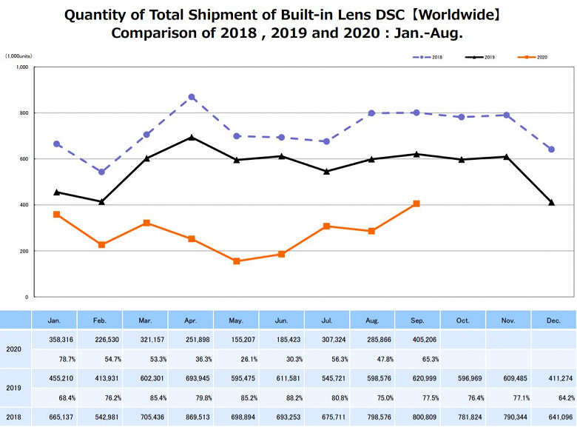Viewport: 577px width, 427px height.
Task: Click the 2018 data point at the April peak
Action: coord(192,97)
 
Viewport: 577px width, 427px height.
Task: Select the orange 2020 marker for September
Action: coord(416,204)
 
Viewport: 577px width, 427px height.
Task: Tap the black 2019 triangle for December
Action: coord(551,202)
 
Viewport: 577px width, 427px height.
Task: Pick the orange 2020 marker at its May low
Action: coord(237,261)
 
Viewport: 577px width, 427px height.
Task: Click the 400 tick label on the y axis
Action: coord(23,205)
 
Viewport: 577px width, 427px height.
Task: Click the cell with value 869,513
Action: coord(192,417)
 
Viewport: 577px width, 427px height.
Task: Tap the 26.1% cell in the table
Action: coord(237,359)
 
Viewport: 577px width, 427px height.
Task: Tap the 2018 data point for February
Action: coord(101,172)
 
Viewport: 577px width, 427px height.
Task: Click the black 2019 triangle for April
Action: coord(192,138)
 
